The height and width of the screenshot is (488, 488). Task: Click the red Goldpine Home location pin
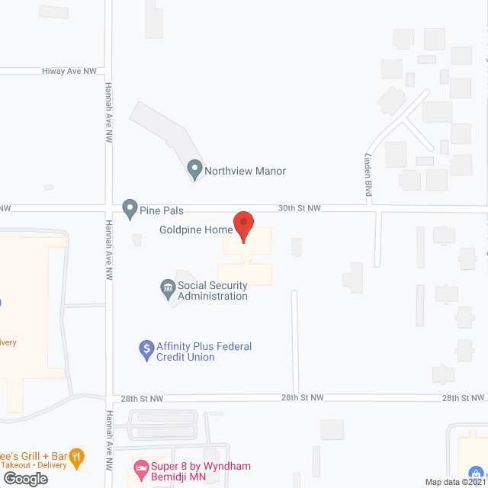[243, 225]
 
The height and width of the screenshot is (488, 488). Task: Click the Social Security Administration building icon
[167, 288]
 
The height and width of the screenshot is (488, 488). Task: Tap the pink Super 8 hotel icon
[140, 465]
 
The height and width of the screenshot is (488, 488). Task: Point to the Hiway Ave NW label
[71, 71]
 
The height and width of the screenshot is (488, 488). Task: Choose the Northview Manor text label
[245, 171]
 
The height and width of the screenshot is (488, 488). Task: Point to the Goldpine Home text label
[195, 230]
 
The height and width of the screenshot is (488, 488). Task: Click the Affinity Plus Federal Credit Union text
[204, 352]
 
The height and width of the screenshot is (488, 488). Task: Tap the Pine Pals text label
[162, 210]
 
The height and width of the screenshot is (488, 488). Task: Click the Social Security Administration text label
[212, 291]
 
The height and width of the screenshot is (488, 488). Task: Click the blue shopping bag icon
[477, 471]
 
